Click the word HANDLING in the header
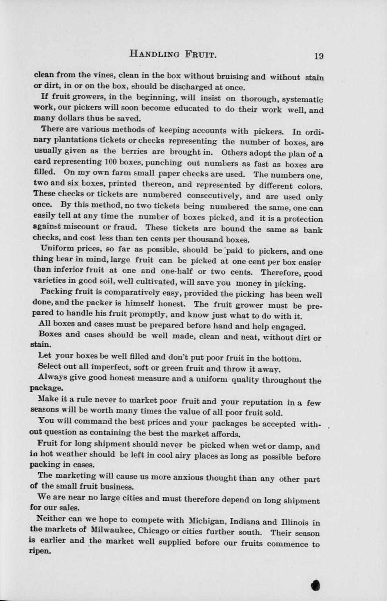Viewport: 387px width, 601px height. coord(155,54)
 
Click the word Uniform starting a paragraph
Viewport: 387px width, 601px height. coord(55,248)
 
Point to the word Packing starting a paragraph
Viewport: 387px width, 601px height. coord(55,291)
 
